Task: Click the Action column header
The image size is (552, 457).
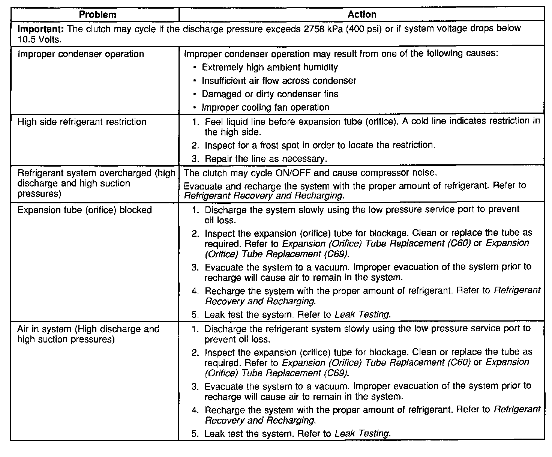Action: [362, 15]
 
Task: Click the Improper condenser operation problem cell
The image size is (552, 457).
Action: [81, 54]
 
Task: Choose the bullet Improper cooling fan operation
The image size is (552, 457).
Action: [265, 107]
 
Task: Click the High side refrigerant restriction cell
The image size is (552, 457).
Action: [82, 122]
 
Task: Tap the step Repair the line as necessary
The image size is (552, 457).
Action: [265, 159]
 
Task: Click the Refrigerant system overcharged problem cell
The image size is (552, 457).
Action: [96, 183]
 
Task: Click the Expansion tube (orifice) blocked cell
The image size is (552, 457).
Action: [84, 210]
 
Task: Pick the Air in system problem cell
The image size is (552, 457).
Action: [88, 334]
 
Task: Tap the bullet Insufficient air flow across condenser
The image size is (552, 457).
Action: [279, 81]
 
